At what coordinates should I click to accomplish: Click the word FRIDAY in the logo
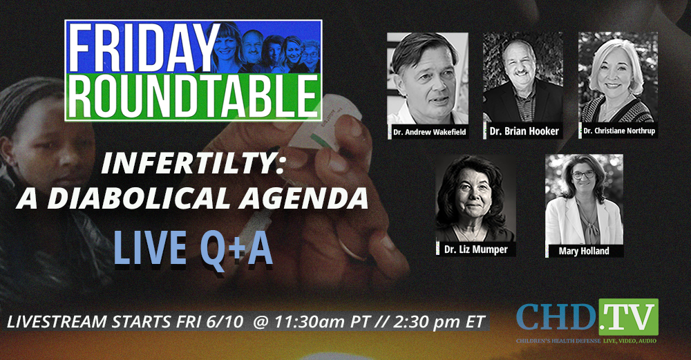point(144,47)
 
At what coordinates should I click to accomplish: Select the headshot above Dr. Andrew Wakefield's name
point(428,79)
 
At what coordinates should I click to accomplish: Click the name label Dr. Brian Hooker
point(524,131)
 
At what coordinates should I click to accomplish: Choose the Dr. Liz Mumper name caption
point(476,249)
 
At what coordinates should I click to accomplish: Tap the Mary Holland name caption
point(584,251)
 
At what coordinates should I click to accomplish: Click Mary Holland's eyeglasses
point(583,175)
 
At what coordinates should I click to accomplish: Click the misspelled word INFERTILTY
point(192,164)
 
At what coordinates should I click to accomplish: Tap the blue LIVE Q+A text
point(193,248)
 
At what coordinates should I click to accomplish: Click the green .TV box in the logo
point(628,317)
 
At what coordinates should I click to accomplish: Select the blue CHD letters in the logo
point(556,317)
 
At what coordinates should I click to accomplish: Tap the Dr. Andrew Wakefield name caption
point(430,132)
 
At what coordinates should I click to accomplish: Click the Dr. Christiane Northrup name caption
point(618,131)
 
